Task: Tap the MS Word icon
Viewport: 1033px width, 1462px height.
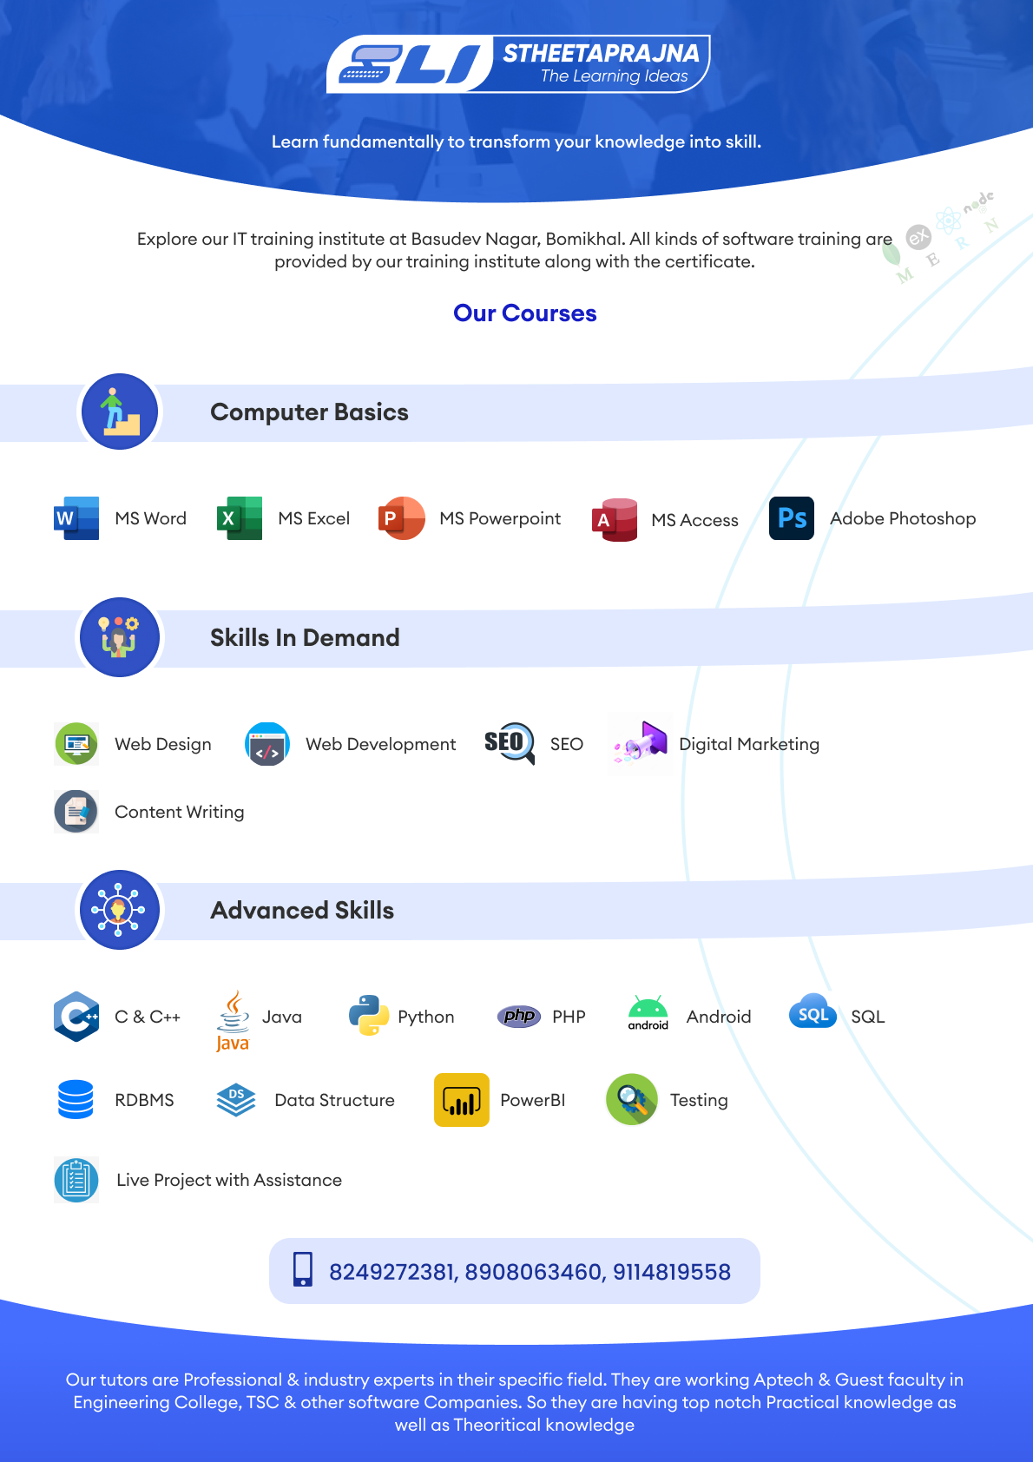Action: (x=76, y=518)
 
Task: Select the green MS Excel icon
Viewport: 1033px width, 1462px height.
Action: (x=240, y=518)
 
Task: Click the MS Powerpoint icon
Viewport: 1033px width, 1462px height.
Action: (x=401, y=518)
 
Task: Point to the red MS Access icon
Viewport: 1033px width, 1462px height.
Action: (x=615, y=519)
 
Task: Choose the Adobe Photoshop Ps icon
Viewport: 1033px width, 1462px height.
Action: (x=792, y=518)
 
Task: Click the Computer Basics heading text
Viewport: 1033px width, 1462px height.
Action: (x=309, y=412)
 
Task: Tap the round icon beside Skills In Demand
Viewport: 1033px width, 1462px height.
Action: (x=120, y=637)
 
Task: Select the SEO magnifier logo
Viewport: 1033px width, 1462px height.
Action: (x=510, y=743)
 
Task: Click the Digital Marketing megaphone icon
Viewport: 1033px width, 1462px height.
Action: (x=640, y=743)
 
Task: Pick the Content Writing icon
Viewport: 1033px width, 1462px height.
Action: (x=76, y=811)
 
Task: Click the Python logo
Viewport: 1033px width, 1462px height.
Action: (x=369, y=1016)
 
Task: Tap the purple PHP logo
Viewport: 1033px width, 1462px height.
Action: (x=519, y=1017)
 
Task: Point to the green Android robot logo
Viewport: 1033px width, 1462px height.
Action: (x=648, y=1012)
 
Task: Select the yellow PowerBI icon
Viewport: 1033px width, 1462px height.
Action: (x=461, y=1100)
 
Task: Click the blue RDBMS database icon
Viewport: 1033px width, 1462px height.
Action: (x=76, y=1100)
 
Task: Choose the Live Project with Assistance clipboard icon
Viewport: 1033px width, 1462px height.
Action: (x=76, y=1179)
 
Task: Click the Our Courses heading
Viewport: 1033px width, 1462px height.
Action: (x=524, y=313)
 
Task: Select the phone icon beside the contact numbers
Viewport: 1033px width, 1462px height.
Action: (x=303, y=1269)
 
